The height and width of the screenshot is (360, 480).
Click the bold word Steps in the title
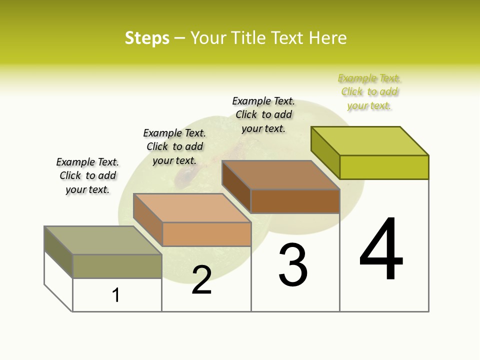(147, 38)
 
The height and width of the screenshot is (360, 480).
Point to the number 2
(201, 280)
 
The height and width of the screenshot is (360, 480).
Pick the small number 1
(116, 295)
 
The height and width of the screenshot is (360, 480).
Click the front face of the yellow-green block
(384, 167)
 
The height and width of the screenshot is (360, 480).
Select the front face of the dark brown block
(295, 201)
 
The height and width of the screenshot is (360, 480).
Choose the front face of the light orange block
(206, 234)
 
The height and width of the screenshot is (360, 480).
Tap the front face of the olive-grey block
(117, 266)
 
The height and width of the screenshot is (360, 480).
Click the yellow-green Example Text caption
(369, 92)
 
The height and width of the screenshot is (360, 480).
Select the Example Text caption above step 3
(263, 114)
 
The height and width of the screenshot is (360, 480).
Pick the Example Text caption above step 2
(174, 146)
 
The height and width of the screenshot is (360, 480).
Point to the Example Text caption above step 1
(87, 175)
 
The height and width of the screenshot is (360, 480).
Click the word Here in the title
(328, 38)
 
